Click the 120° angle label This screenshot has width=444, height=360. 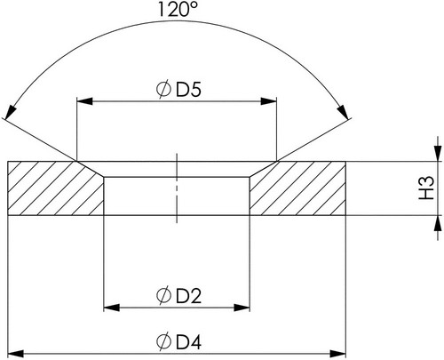point(177,9)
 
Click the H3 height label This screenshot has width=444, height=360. point(426,188)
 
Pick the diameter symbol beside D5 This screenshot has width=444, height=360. point(163,89)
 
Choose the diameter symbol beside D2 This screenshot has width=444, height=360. point(163,295)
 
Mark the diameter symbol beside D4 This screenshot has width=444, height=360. point(163,341)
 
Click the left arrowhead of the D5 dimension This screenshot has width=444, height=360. point(84,101)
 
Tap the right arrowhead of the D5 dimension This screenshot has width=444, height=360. point(268,101)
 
